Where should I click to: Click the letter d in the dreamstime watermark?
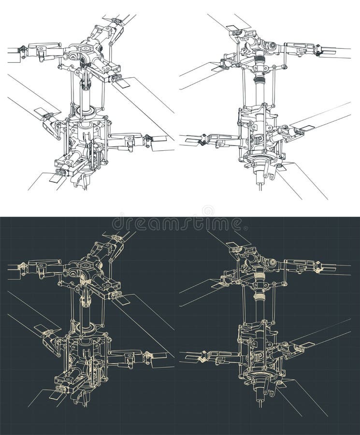click(118, 224)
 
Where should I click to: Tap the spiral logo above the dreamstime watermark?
click(208, 211)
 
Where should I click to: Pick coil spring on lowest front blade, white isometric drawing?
click(60, 173)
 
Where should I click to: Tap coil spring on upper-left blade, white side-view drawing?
click(236, 32)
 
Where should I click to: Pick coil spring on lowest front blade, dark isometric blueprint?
click(60, 389)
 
